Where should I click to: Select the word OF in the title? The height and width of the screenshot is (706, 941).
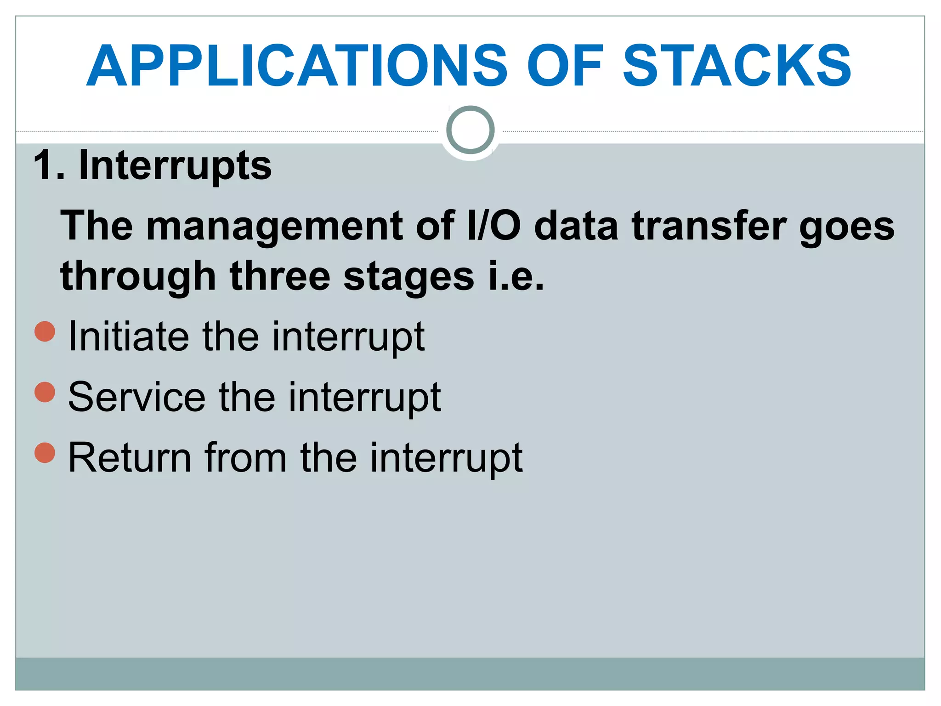[x=565, y=66]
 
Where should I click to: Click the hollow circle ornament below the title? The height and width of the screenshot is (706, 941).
[x=470, y=130]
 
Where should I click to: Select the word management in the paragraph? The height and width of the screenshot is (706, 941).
[x=274, y=227]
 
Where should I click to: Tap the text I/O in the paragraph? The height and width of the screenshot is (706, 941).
[x=493, y=226]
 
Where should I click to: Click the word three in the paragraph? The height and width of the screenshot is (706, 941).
[x=280, y=276]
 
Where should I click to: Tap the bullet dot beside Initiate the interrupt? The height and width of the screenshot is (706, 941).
[x=45, y=331]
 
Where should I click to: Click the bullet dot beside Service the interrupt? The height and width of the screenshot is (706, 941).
[x=45, y=392]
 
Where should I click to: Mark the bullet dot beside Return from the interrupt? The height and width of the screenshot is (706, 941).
[x=45, y=453]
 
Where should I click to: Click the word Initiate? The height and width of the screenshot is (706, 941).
[x=128, y=336]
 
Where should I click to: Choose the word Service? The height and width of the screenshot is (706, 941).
[x=136, y=397]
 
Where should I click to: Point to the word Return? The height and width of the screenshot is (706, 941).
[x=130, y=458]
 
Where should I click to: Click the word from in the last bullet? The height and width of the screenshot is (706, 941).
[x=245, y=458]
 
